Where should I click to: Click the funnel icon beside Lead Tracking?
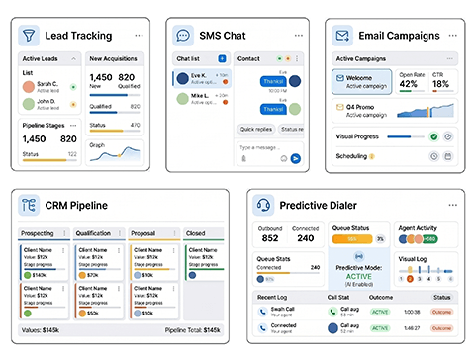coord(30,36)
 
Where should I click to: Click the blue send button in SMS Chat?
coord(293,156)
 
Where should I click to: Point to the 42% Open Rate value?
coord(409,84)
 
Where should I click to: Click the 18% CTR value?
coord(440,84)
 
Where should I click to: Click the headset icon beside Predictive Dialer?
coord(263,206)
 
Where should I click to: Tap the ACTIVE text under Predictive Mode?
coord(358,278)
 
